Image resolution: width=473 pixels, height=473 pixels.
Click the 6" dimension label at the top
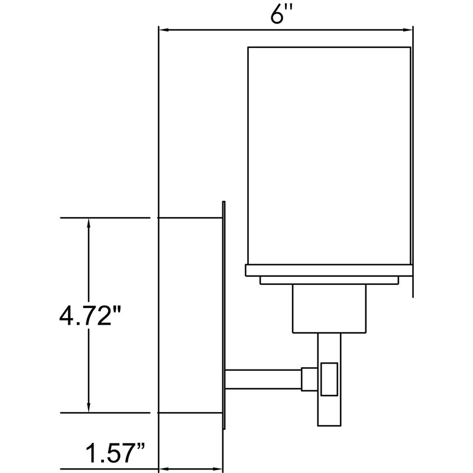coord(278,14)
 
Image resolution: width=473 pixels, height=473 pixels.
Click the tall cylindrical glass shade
coord(328,154)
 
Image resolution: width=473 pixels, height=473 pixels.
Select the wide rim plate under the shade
coord(328,270)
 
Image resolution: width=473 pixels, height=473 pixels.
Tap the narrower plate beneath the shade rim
coord(328,280)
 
